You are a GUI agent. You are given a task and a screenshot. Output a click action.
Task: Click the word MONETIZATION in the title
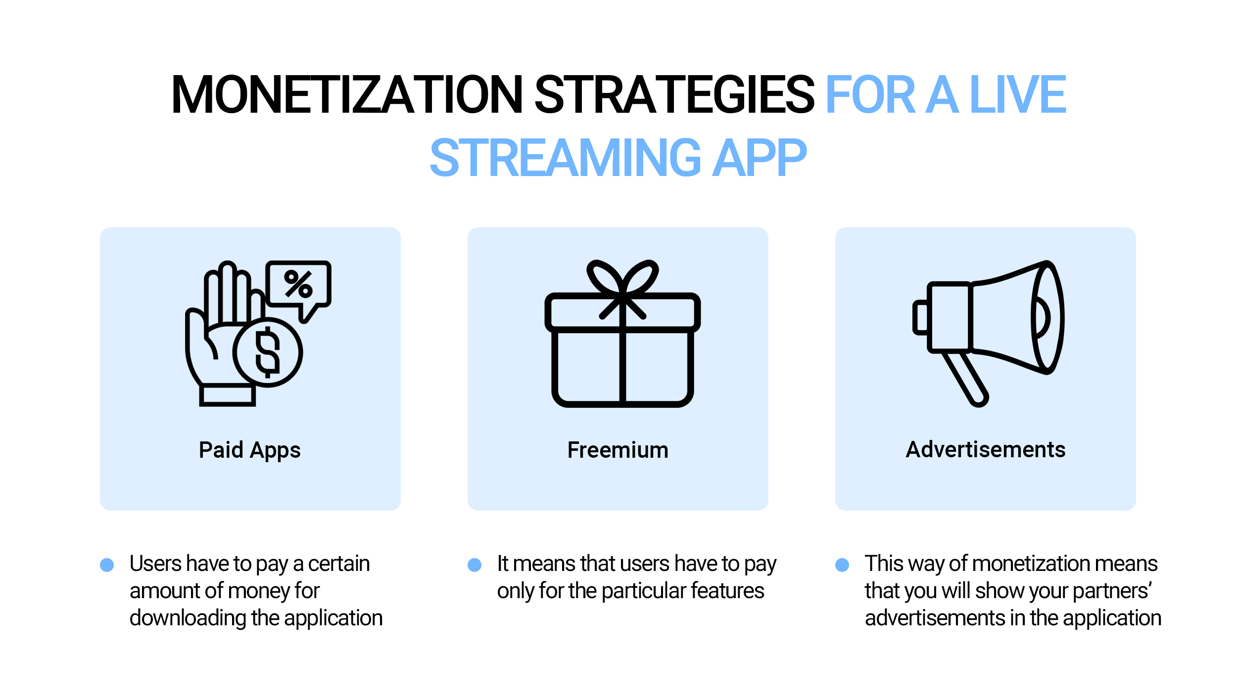[x=347, y=94]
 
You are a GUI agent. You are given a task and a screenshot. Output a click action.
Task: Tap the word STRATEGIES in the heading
[x=674, y=94]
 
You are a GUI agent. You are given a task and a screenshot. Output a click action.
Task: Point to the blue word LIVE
[x=1018, y=94]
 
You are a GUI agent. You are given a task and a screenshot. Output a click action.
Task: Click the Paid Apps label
[x=250, y=450]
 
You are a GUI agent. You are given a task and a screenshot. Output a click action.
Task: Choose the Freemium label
[x=618, y=450]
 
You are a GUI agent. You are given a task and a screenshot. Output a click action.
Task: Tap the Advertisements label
[x=986, y=450]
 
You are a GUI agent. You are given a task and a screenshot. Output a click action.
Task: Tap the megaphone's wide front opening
[x=1047, y=317]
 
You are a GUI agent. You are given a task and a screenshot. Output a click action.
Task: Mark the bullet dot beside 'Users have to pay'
[x=107, y=565]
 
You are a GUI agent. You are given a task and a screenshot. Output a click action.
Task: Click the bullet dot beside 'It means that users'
[x=475, y=565]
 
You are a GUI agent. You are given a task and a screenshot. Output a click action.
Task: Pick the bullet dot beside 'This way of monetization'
[x=842, y=565]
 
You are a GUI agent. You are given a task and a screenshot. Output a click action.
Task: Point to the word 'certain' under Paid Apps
[x=339, y=564]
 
